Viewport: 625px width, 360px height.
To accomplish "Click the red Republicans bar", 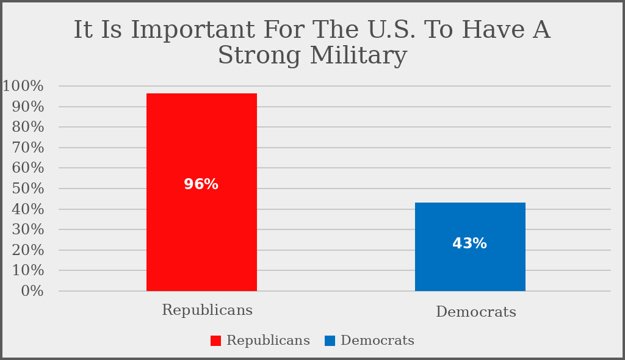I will [x=201, y=232].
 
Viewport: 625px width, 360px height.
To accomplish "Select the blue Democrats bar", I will [x=470, y=268].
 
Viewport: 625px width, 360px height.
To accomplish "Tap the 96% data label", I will [x=201, y=184].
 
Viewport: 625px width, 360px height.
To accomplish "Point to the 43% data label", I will [x=469, y=243].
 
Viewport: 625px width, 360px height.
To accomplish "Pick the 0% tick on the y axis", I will [x=31, y=291].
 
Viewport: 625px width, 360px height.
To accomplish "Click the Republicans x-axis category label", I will [x=208, y=310].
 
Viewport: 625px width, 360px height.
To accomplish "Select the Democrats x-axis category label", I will [x=476, y=312].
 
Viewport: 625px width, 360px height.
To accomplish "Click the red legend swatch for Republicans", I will [x=215, y=341].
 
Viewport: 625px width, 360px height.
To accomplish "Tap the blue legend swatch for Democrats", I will [x=330, y=341].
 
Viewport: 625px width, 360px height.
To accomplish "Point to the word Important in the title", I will [x=199, y=30].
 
